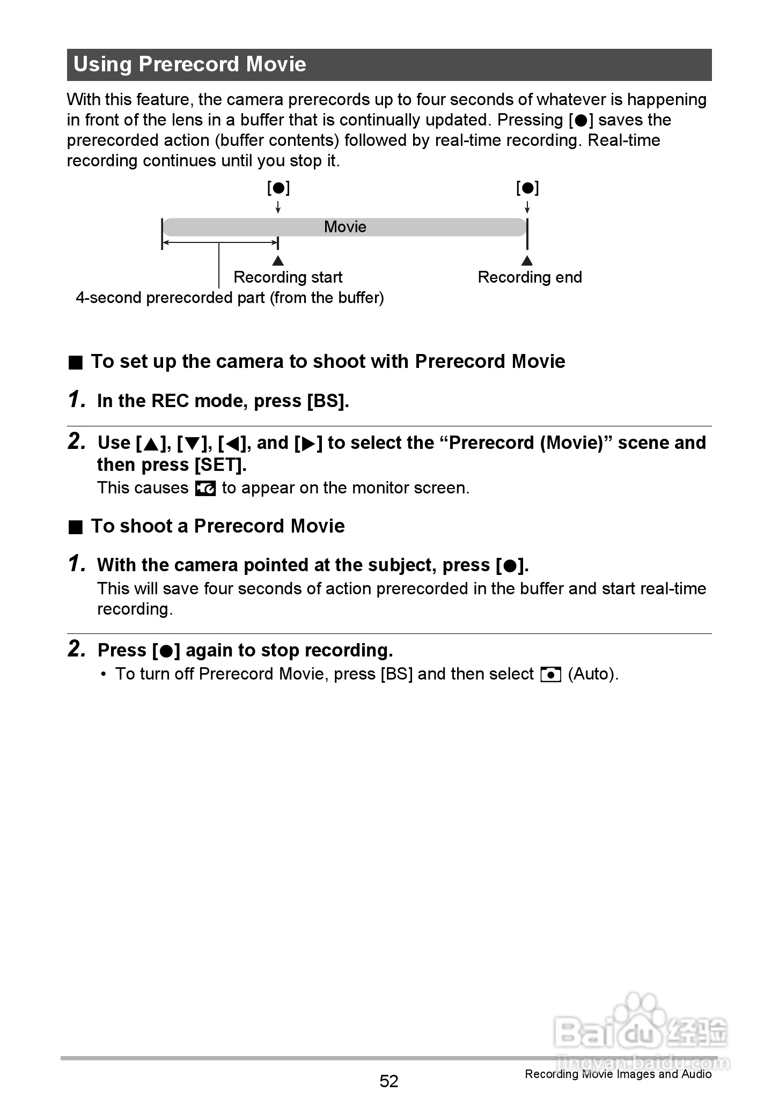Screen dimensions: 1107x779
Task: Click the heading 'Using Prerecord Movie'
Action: (190, 64)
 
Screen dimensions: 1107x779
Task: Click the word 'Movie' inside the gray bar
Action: (345, 227)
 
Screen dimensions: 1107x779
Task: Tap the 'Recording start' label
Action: (288, 277)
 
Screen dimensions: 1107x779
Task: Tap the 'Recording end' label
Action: (530, 277)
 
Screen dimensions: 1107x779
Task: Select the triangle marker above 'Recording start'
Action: (278, 261)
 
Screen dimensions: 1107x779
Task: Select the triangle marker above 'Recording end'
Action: (527, 261)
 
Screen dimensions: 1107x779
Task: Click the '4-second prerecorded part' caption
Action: (230, 298)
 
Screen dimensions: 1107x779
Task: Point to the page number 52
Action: (389, 1081)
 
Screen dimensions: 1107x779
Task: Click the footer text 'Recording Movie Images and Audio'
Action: (618, 1074)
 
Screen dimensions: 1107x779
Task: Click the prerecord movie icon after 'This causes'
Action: (205, 488)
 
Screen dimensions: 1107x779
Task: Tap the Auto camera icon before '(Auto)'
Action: (550, 674)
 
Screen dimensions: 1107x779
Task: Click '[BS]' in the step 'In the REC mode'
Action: (327, 401)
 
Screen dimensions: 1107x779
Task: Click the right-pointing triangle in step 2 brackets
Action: (308, 444)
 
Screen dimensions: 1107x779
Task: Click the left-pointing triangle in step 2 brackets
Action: (232, 444)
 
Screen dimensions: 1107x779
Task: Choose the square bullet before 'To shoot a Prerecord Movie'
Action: (76, 527)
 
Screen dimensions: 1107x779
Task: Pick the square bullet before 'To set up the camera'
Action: (76, 363)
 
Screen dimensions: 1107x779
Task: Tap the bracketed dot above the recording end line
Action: (527, 188)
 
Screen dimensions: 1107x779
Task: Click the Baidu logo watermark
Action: (641, 1027)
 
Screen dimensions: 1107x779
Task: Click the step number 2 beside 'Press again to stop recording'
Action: (77, 649)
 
